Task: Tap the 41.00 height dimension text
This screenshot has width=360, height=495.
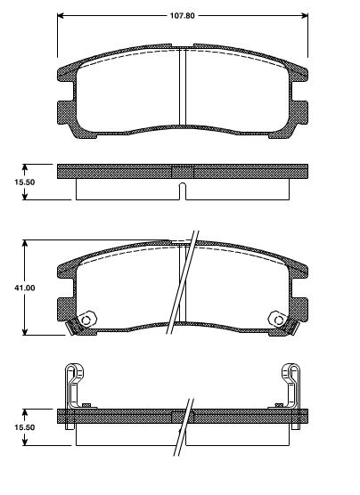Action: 24,288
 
